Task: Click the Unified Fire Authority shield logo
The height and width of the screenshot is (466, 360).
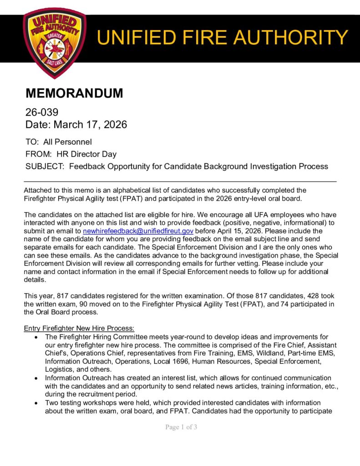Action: coord(54,43)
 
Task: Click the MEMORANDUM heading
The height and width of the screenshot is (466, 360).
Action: coord(74,93)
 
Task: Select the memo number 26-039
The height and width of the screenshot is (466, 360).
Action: coord(42,112)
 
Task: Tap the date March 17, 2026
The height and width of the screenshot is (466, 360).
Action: coord(91,124)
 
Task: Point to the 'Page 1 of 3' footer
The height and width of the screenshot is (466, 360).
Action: coord(181,427)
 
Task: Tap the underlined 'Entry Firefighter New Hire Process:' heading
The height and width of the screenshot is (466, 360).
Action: coord(79,328)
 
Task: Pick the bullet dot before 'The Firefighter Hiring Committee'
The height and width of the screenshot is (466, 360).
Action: coord(36,337)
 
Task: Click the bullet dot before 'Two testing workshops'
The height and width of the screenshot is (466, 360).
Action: coord(36,403)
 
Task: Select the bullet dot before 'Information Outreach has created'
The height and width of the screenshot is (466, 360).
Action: coord(36,378)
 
